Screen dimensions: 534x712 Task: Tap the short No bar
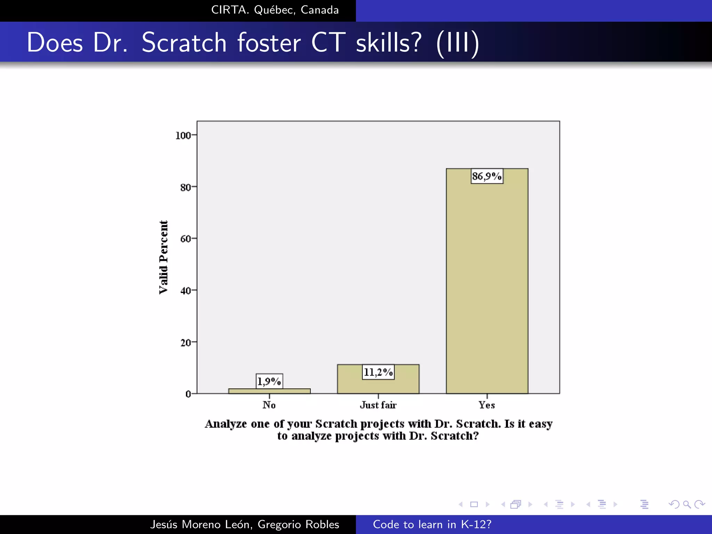tap(269, 391)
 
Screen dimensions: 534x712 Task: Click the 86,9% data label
tap(487, 176)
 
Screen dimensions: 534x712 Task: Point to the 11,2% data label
tap(378, 372)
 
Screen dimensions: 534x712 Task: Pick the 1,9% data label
tap(269, 381)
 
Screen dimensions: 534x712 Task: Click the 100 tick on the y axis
tap(183, 135)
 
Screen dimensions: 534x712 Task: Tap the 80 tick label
tap(186, 187)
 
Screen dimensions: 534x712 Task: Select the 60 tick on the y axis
tap(186, 239)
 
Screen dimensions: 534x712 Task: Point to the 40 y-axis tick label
tap(186, 291)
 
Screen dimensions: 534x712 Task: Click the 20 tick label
tap(186, 342)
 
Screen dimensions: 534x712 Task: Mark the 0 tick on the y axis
tap(188, 394)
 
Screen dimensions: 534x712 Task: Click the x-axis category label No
tap(269, 405)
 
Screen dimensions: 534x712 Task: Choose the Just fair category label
tap(378, 405)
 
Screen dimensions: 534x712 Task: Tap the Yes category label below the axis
tap(487, 405)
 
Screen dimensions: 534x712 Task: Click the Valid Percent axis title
tap(163, 257)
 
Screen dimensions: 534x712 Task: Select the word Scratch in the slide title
tap(184, 42)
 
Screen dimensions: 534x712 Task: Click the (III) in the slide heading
tap(458, 43)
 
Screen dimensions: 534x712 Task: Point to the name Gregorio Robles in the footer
tap(298, 524)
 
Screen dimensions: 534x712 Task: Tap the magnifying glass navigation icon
tap(687, 504)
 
